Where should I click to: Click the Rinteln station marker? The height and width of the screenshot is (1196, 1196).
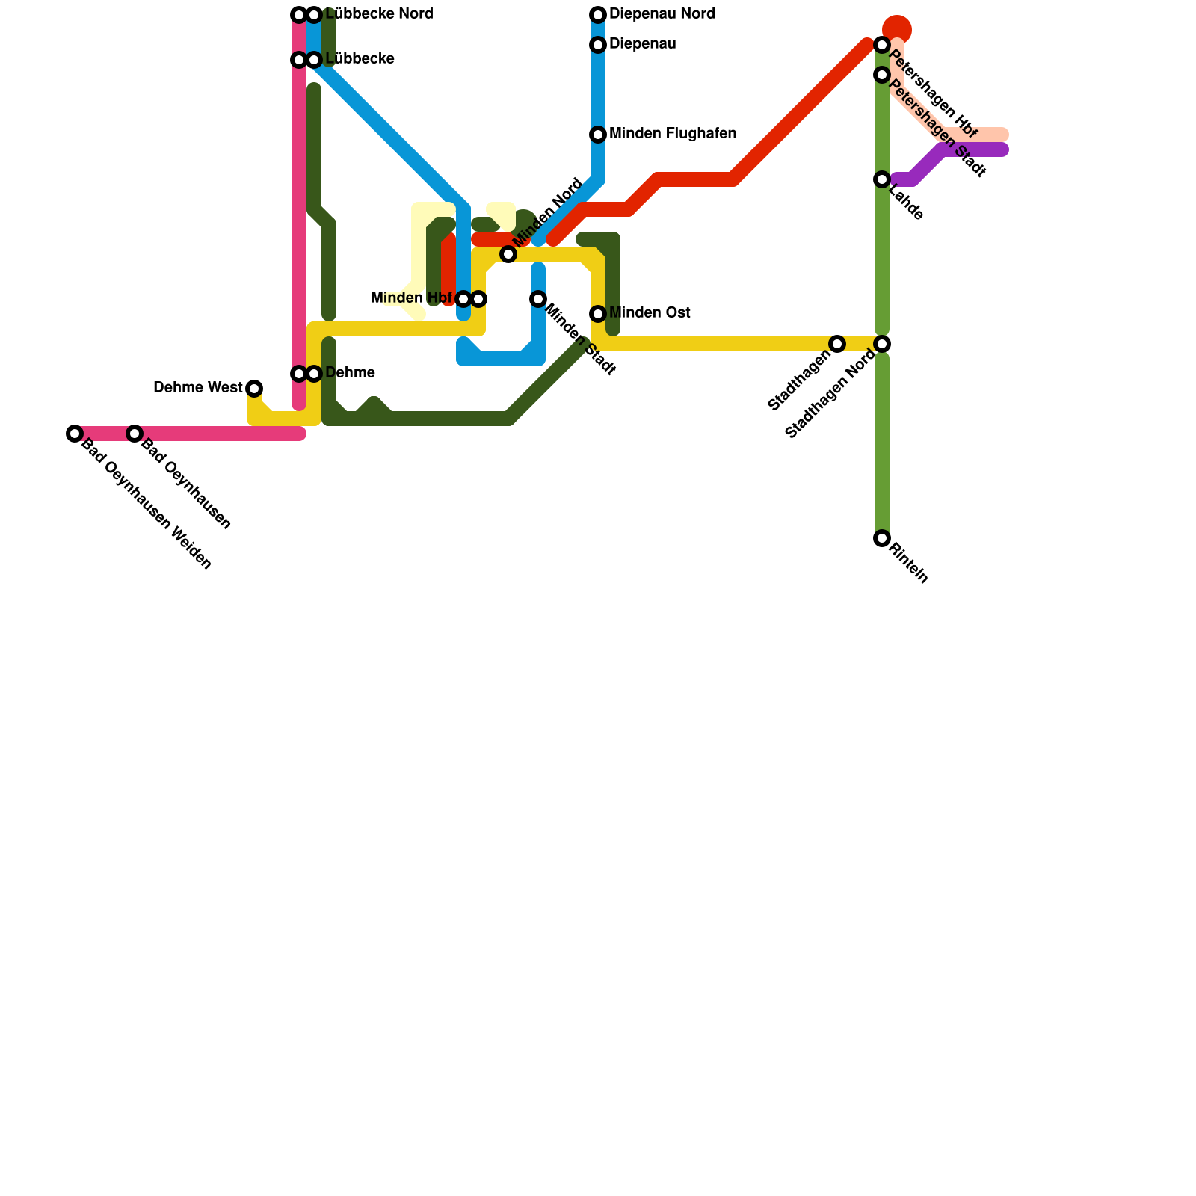coord(882,538)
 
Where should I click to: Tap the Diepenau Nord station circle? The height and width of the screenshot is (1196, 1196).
coord(598,15)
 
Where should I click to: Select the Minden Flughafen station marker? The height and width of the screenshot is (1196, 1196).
coord(598,135)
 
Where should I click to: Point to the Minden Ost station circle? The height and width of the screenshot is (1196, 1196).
coord(598,314)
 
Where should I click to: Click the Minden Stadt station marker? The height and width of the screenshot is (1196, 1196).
coord(538,299)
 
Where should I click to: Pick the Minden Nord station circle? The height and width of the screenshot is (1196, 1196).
coord(508,254)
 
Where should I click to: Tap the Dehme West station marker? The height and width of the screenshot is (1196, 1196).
coord(254,389)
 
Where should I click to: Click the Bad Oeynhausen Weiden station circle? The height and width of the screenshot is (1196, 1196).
coord(74,434)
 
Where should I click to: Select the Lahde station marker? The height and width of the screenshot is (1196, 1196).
coord(882,179)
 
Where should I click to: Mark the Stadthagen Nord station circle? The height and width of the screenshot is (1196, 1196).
coord(882,344)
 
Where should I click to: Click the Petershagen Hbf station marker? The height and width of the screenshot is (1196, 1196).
coord(882,46)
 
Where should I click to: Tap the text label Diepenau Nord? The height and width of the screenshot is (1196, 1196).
coord(662,14)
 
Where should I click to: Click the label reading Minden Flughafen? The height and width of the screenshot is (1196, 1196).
coord(672,134)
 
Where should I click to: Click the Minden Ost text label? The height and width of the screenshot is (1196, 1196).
coord(649,312)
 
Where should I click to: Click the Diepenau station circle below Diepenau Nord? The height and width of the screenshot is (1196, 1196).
coord(598,46)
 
